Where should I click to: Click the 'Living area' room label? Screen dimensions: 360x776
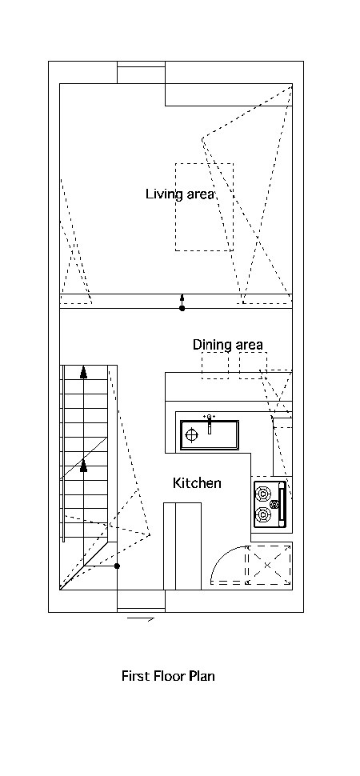[x=180, y=194]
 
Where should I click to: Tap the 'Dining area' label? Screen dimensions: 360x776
[x=228, y=345]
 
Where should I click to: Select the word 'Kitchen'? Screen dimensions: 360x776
[x=197, y=483]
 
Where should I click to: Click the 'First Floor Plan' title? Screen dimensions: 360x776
[x=168, y=675]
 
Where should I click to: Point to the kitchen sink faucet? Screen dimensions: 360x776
[x=210, y=423]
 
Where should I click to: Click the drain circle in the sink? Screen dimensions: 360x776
[x=192, y=435]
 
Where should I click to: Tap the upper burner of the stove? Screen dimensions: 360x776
[x=263, y=494]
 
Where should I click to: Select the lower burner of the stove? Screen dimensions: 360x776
[x=263, y=515]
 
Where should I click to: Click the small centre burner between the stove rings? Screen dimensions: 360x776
[x=274, y=504]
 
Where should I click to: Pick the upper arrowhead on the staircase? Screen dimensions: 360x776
[x=84, y=372]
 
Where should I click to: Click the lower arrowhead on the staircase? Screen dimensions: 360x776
[x=84, y=466]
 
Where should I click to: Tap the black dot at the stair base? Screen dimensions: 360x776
[x=118, y=566]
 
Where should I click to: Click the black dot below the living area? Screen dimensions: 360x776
[x=182, y=308]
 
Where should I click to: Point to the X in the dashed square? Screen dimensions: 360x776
[x=267, y=565]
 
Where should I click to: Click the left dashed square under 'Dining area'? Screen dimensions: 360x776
[x=215, y=366]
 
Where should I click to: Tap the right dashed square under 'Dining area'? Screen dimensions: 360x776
[x=253, y=366]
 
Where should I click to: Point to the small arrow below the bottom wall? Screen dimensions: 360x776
[x=141, y=618]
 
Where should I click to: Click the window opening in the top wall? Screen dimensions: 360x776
[x=141, y=72]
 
